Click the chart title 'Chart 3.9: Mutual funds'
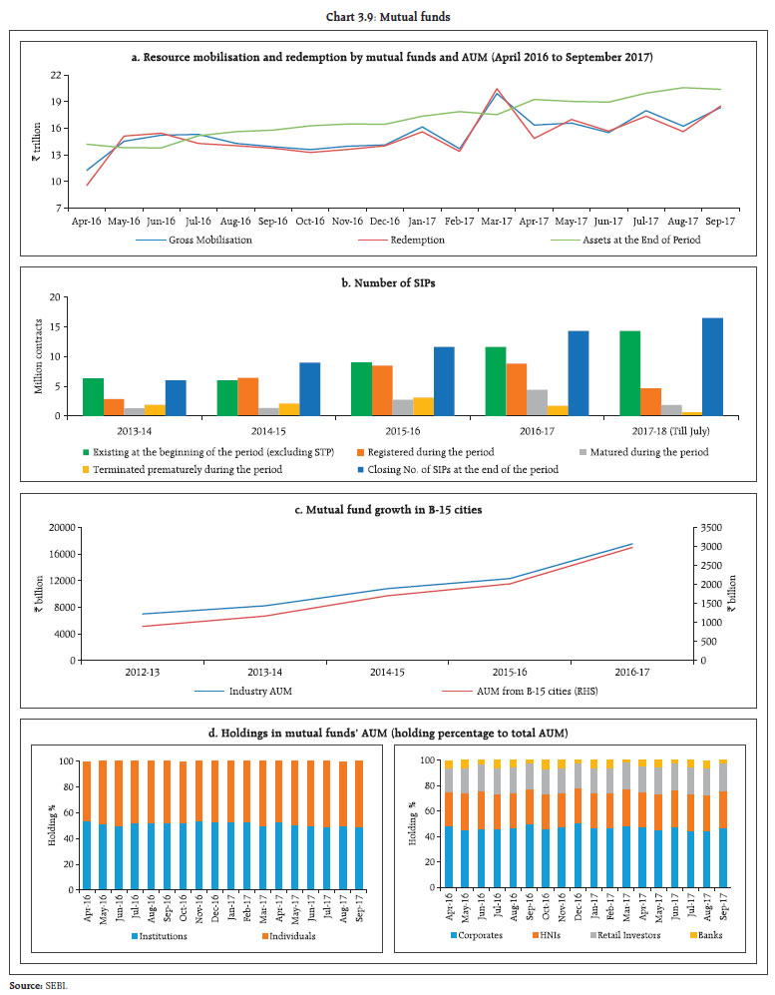tap(387, 15)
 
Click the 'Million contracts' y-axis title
tap(40, 356)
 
